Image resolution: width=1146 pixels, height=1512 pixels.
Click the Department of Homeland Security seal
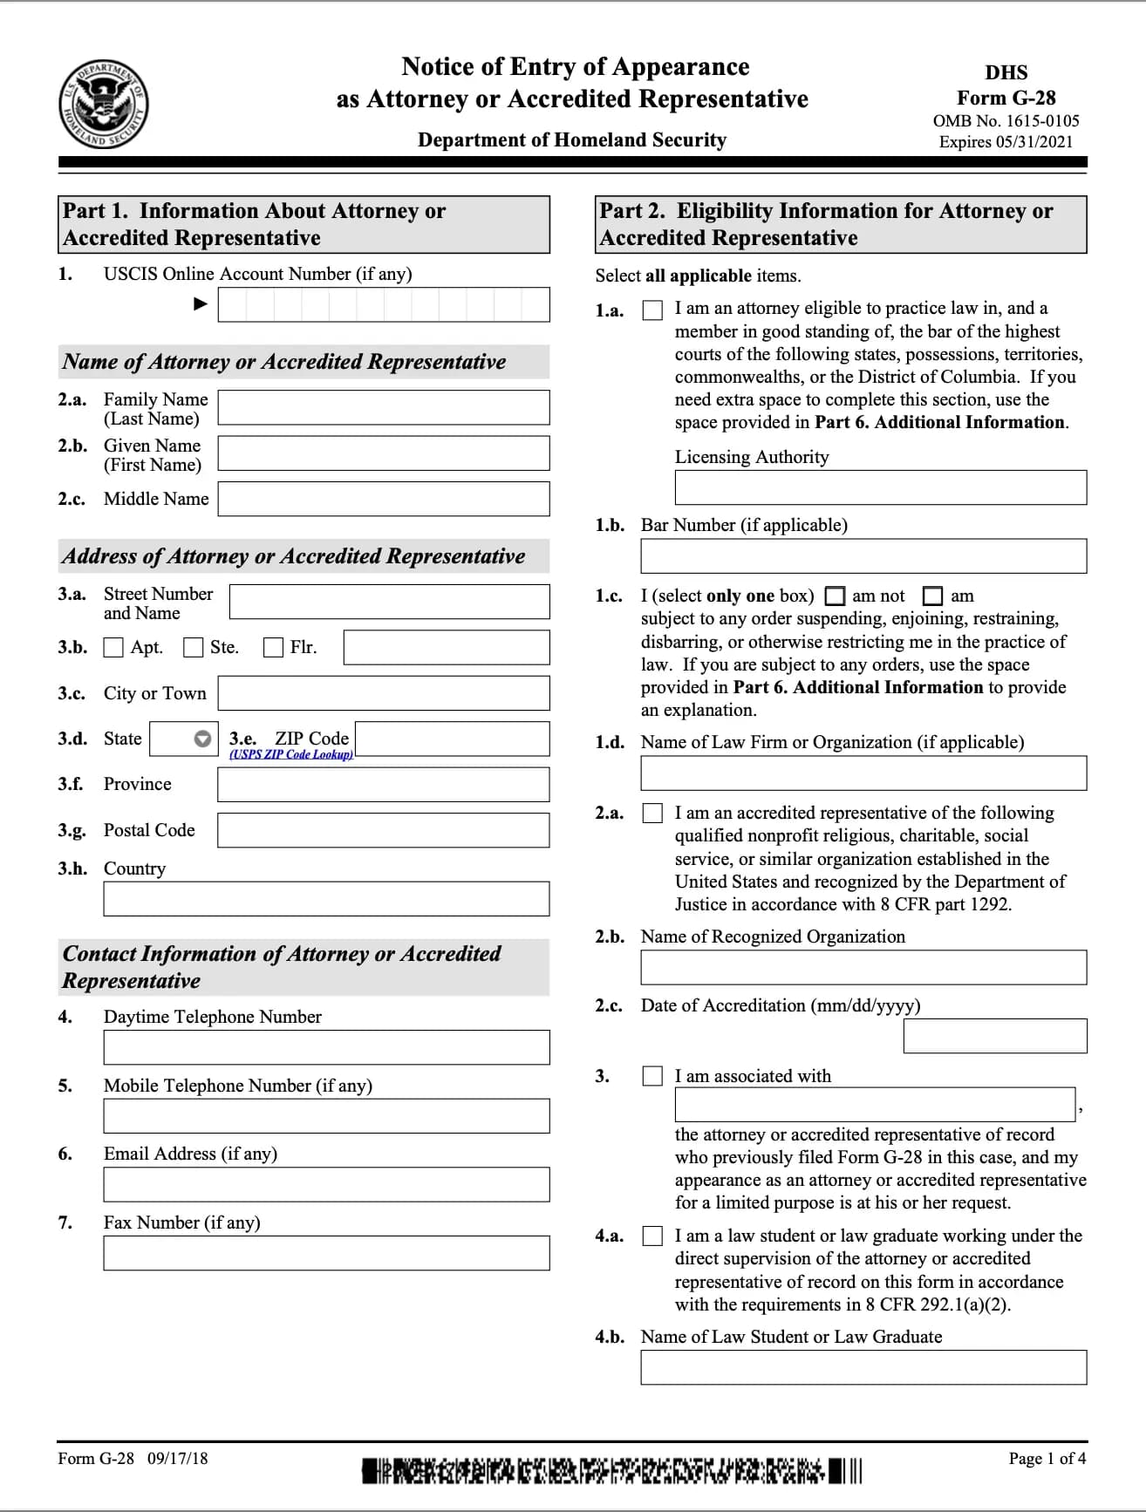pos(104,105)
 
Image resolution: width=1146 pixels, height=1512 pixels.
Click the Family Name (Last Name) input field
pos(384,407)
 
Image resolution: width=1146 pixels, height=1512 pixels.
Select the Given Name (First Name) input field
pos(384,453)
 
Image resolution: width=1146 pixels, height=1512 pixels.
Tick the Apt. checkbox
pos(113,648)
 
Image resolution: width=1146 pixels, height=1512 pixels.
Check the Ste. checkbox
pos(194,648)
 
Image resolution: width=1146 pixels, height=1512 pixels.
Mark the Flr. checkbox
pos(274,648)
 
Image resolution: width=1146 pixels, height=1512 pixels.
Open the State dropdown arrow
pos(202,739)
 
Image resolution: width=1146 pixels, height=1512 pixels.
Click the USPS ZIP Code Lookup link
pos(291,754)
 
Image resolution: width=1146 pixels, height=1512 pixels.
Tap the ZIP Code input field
pos(453,739)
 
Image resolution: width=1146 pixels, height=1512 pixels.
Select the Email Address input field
pos(326,1184)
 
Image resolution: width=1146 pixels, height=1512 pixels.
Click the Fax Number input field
pos(326,1253)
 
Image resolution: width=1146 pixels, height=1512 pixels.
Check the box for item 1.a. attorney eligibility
pos(652,310)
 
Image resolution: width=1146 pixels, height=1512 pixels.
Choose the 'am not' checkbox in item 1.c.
pos(836,596)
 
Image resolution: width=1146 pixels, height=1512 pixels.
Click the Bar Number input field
pos(863,556)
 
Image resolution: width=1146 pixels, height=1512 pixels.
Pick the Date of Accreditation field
pos(995,1036)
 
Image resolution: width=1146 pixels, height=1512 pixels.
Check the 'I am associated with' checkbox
pos(652,1076)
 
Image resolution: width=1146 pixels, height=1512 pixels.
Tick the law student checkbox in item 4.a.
pos(652,1236)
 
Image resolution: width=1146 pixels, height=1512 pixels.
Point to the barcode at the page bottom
pos(611,1471)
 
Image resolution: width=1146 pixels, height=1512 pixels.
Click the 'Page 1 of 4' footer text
pos(1047,1459)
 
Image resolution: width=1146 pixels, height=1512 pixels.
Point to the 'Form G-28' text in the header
pos(1006,98)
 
